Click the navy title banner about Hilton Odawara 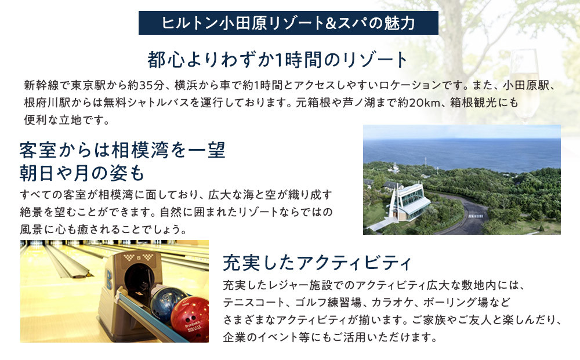point(288,24)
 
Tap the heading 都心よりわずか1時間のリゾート point(278,60)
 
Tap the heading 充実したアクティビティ point(317,263)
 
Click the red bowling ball point(190,319)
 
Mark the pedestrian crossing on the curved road point(475,216)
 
